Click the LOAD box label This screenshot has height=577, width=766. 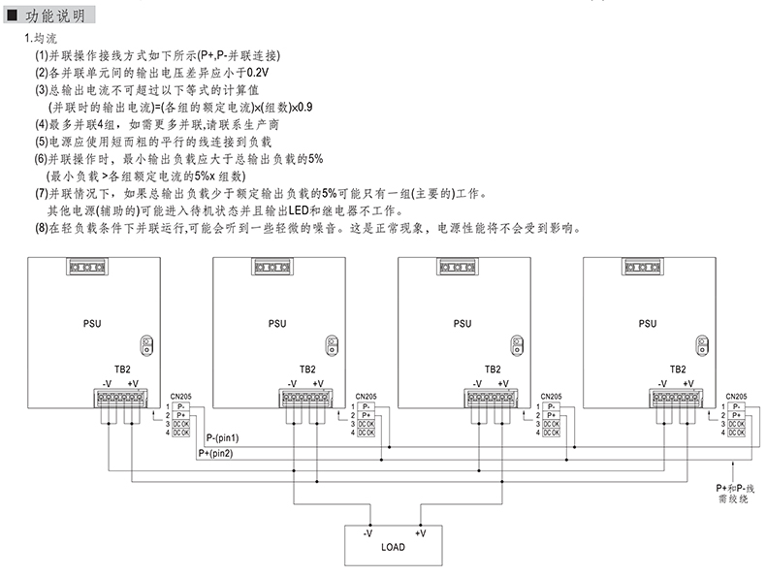click(393, 547)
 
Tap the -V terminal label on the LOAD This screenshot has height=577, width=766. click(368, 533)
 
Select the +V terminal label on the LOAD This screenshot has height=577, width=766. click(420, 533)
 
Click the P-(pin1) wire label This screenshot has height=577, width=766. click(224, 439)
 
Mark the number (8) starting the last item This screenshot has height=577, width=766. click(41, 229)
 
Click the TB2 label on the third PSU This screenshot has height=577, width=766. click(492, 369)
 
